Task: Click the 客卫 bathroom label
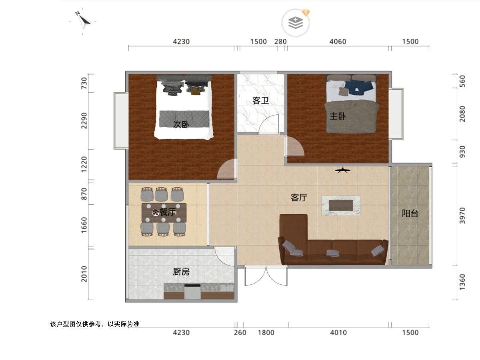(x=260, y=101)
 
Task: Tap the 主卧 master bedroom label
(x=338, y=116)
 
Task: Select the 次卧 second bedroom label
(x=181, y=124)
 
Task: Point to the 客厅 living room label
(x=299, y=198)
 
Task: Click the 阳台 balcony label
(x=410, y=213)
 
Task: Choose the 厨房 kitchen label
(x=181, y=272)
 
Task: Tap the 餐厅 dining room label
(x=168, y=212)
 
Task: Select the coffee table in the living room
(x=341, y=206)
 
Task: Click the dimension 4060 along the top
(x=338, y=42)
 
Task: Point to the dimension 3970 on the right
(x=462, y=216)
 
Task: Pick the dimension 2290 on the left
(x=84, y=121)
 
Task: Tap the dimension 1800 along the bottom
(x=266, y=333)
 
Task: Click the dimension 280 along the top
(x=280, y=42)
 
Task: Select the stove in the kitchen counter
(x=192, y=291)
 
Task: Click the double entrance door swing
(x=266, y=276)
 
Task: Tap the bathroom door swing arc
(x=269, y=124)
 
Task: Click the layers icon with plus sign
(x=296, y=22)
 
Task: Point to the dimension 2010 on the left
(x=84, y=274)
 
